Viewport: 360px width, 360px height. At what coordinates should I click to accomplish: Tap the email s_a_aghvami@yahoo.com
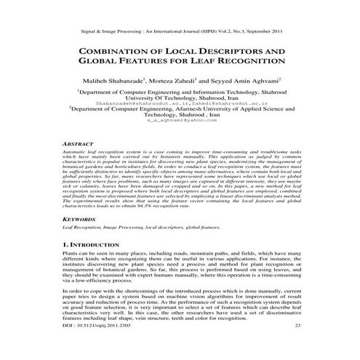pyautogui.click(x=179, y=128)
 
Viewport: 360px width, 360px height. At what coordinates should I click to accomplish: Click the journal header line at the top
pyautogui.click(x=180, y=32)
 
